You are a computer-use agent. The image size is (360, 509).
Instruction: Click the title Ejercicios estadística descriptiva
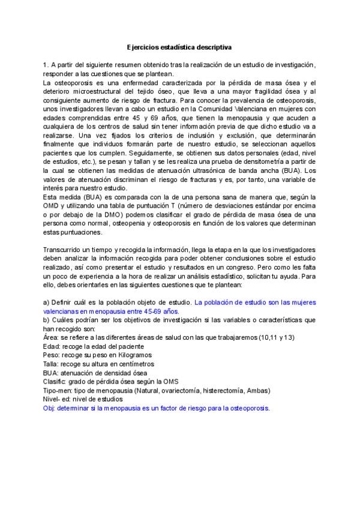coord(179,46)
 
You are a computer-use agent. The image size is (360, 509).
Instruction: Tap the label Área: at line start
coord(52,337)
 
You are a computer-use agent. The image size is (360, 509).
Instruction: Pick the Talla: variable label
coord(52,364)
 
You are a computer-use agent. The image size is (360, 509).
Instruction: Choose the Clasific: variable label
coord(56,382)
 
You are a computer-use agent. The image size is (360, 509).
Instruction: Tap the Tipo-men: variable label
coord(58,391)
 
